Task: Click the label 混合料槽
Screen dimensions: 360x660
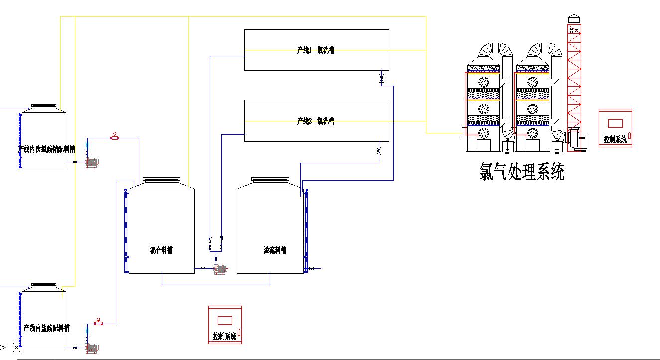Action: coord(162,250)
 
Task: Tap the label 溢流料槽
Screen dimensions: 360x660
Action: coord(275,250)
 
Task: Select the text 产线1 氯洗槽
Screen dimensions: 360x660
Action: coord(316,50)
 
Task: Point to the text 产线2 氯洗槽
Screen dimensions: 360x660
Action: coord(316,121)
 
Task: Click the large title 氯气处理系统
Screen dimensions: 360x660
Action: coord(522,172)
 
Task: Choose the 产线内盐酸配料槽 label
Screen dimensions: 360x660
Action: coord(46,328)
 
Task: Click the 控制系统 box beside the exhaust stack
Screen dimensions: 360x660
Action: coord(615,128)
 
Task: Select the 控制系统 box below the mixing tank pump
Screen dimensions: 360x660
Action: coord(224,325)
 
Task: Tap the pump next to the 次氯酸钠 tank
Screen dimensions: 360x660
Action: coord(92,162)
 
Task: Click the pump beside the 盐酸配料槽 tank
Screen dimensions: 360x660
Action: coord(92,347)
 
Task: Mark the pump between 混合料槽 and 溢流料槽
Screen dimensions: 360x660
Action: coord(220,269)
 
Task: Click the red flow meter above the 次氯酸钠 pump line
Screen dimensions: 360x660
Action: coord(115,136)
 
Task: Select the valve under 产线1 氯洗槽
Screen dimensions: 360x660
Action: coord(381,78)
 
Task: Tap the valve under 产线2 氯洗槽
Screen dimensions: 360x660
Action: coord(379,150)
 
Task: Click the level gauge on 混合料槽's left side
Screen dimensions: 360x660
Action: coord(126,230)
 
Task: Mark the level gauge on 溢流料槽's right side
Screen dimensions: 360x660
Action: coord(306,230)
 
